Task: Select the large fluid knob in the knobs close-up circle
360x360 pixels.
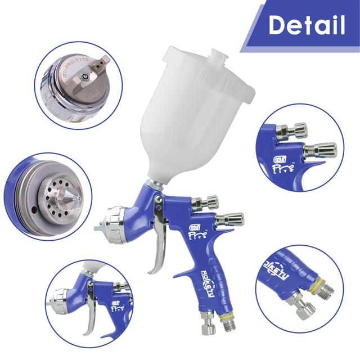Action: click(x=321, y=151)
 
